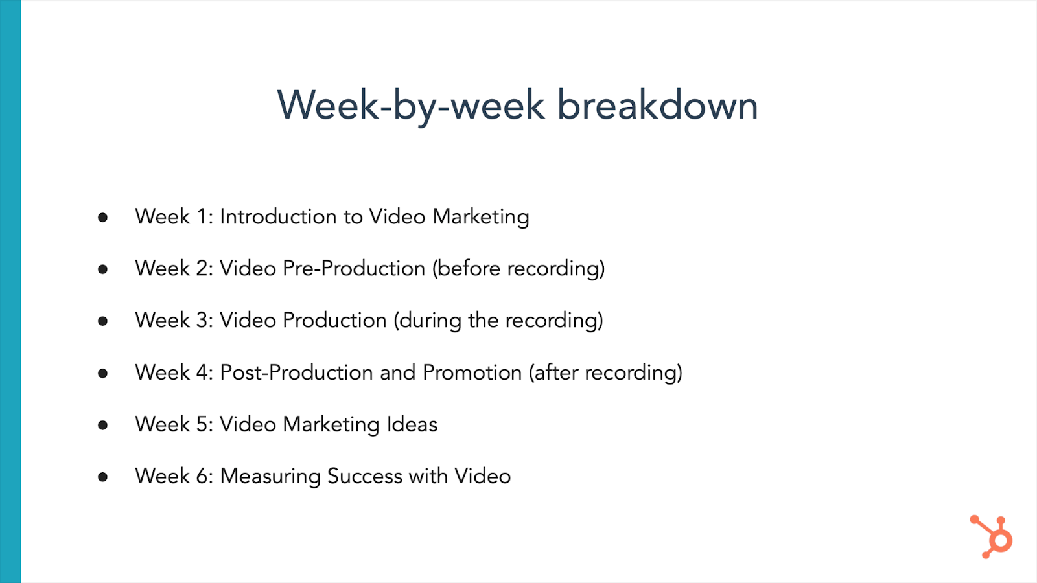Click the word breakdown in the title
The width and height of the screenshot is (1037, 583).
click(657, 105)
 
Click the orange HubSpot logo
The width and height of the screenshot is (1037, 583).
click(991, 537)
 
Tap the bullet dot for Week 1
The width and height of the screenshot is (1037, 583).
click(103, 217)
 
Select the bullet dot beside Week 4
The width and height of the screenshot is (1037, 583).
click(103, 373)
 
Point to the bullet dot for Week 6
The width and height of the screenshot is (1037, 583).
click(103, 477)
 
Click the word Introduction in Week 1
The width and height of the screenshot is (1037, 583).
click(278, 216)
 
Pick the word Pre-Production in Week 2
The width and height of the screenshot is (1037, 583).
click(354, 268)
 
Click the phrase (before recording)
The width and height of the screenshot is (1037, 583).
click(518, 269)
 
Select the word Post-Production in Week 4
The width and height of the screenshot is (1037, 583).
click(296, 372)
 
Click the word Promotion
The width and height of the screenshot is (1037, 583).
click(472, 372)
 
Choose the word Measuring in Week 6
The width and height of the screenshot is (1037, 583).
click(270, 477)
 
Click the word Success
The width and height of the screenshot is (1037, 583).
click(365, 476)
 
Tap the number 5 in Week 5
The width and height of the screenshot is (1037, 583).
click(202, 424)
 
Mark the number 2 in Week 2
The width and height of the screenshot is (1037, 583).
click(202, 268)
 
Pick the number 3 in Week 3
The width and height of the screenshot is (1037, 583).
click(202, 320)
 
